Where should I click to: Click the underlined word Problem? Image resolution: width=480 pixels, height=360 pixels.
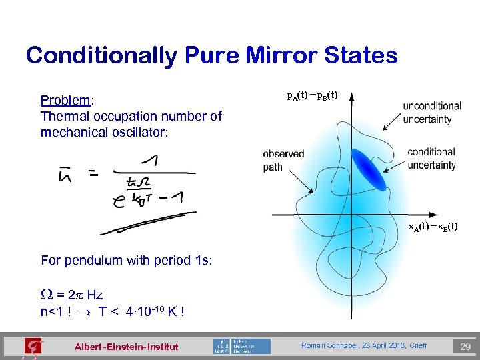pos(65,101)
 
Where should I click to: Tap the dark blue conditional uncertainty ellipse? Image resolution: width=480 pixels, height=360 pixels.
pos(368,169)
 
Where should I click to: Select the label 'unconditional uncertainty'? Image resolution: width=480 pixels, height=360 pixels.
pos(432,112)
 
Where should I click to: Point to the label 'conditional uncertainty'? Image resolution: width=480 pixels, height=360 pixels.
pos(432,158)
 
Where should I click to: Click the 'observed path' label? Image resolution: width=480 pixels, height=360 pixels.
pos(283,160)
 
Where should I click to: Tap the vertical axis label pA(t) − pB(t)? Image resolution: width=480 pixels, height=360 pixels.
pos(312,95)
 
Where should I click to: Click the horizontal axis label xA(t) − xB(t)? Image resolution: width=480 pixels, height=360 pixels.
pos(433,227)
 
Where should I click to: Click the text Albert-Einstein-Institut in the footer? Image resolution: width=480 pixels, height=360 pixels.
pos(126,347)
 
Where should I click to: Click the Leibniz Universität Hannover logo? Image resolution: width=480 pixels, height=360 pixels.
pos(242,346)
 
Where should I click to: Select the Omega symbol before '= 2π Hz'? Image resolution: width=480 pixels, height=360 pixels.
pos(45,295)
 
